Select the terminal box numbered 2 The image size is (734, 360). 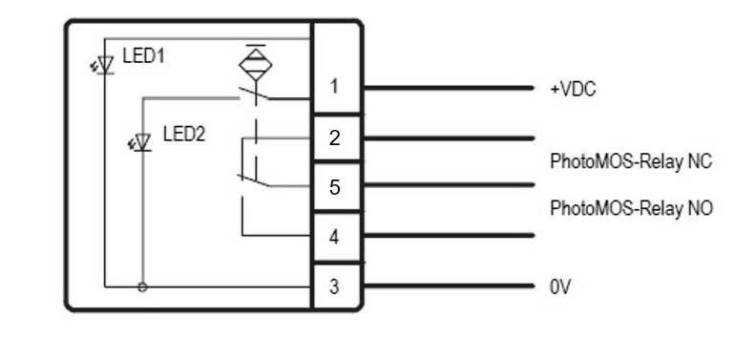pos(335,138)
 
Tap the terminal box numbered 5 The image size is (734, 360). pos(335,187)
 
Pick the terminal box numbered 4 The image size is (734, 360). pos(335,237)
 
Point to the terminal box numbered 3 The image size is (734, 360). pos(335,286)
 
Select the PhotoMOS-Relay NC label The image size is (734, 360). pos(631,160)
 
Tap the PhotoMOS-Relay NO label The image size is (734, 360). pos(631,209)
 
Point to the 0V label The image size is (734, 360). pos(560,286)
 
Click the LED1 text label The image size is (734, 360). pos(144,56)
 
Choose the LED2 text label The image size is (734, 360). pos(183,135)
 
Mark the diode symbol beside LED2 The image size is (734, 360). pos(143,143)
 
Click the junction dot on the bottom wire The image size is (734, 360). pos(143,286)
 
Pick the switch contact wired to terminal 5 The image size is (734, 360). pos(253,178)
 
